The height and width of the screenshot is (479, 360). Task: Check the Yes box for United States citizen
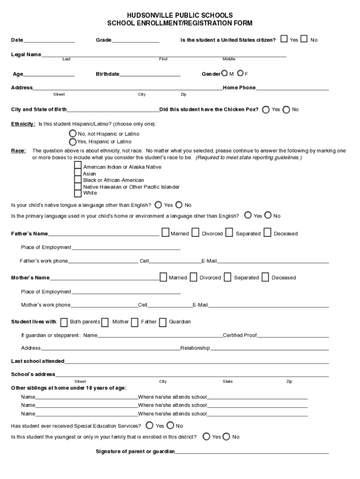click(x=284, y=39)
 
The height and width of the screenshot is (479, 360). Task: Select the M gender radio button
click(x=225, y=73)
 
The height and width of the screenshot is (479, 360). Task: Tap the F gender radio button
click(x=240, y=73)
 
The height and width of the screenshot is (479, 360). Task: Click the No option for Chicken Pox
click(x=286, y=109)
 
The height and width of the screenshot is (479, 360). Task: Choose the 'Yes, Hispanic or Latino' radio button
click(x=72, y=141)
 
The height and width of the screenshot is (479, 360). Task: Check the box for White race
click(x=78, y=193)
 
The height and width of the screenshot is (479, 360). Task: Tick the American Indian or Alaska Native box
click(x=78, y=166)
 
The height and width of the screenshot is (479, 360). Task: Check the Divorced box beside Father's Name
click(x=195, y=232)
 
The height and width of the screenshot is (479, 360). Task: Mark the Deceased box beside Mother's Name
click(x=265, y=277)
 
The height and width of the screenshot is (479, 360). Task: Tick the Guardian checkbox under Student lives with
click(x=163, y=322)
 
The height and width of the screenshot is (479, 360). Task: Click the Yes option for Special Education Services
click(x=149, y=425)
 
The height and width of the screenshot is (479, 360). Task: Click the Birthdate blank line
click(x=150, y=75)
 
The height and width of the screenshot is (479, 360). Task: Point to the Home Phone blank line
click(x=292, y=88)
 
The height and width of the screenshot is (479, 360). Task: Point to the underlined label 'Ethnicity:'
click(x=23, y=124)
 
